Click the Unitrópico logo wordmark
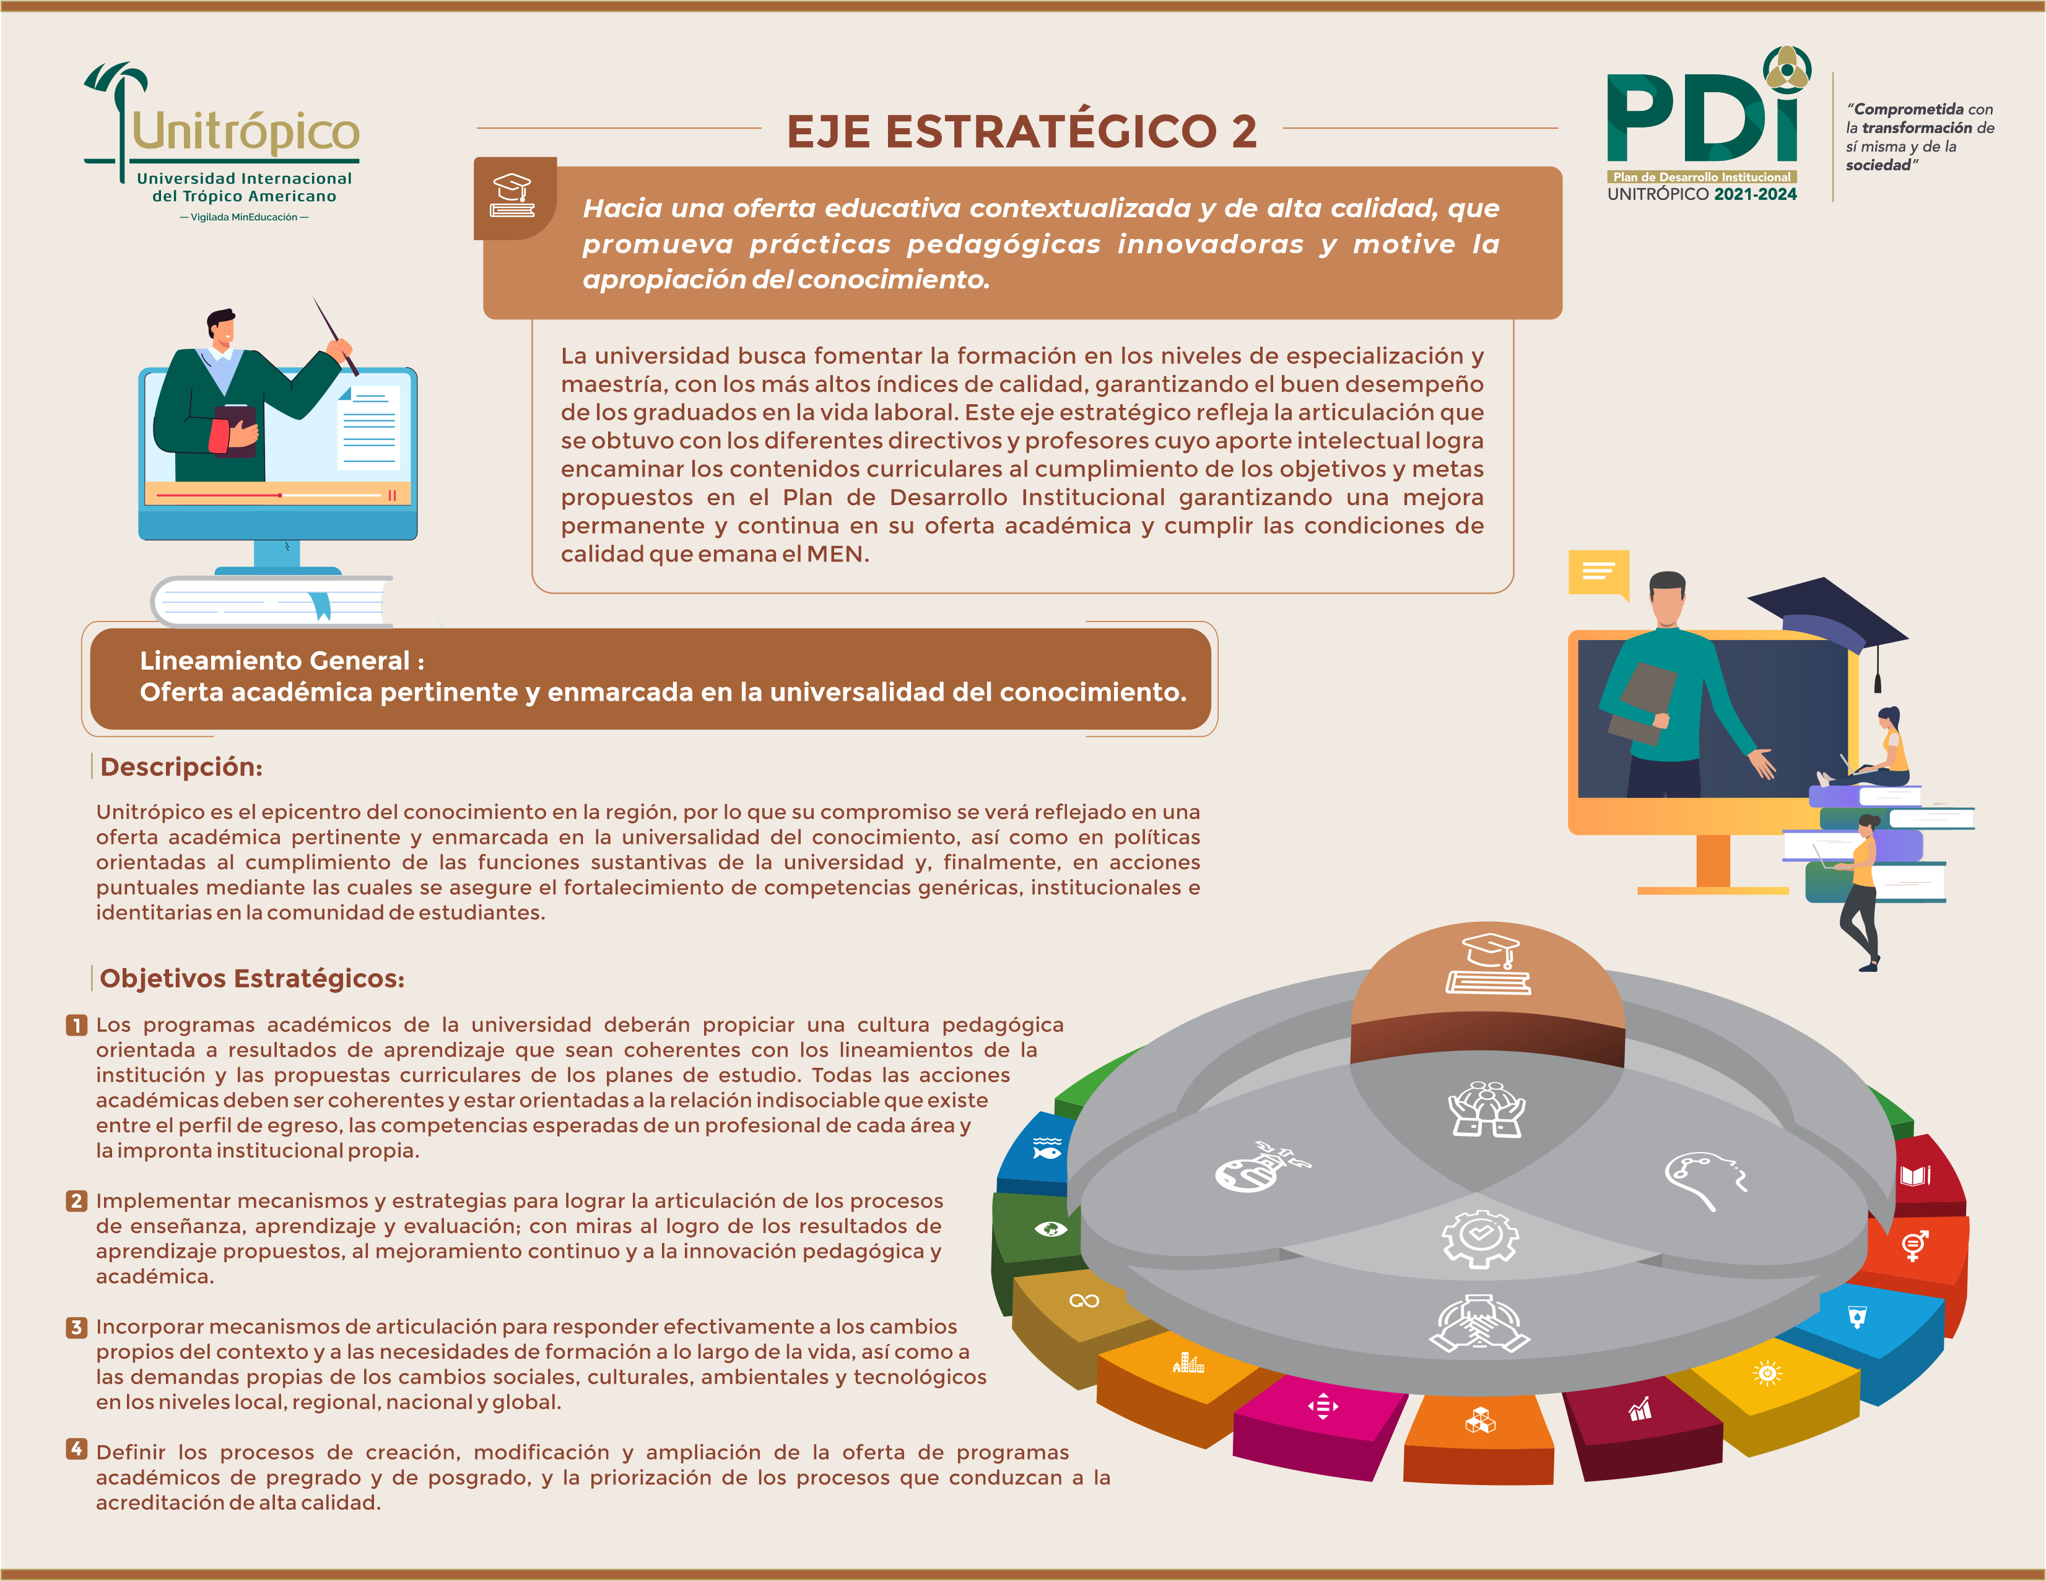pos(245,132)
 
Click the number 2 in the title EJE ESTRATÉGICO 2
pos(1243,131)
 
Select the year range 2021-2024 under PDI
pos(1755,194)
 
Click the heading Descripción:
pos(181,767)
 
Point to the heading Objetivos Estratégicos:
pos(252,978)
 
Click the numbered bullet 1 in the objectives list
pos(77,1026)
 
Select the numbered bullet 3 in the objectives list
pos(77,1327)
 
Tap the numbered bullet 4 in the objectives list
pos(77,1449)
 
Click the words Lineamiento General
pos(274,661)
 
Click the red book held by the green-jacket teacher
pos(220,436)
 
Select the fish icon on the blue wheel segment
pos(1047,1148)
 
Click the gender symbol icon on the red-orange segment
pos(1915,1245)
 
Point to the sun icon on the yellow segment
pos(1767,1373)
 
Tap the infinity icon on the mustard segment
pos(1084,1301)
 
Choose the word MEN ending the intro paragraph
pos(835,555)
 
